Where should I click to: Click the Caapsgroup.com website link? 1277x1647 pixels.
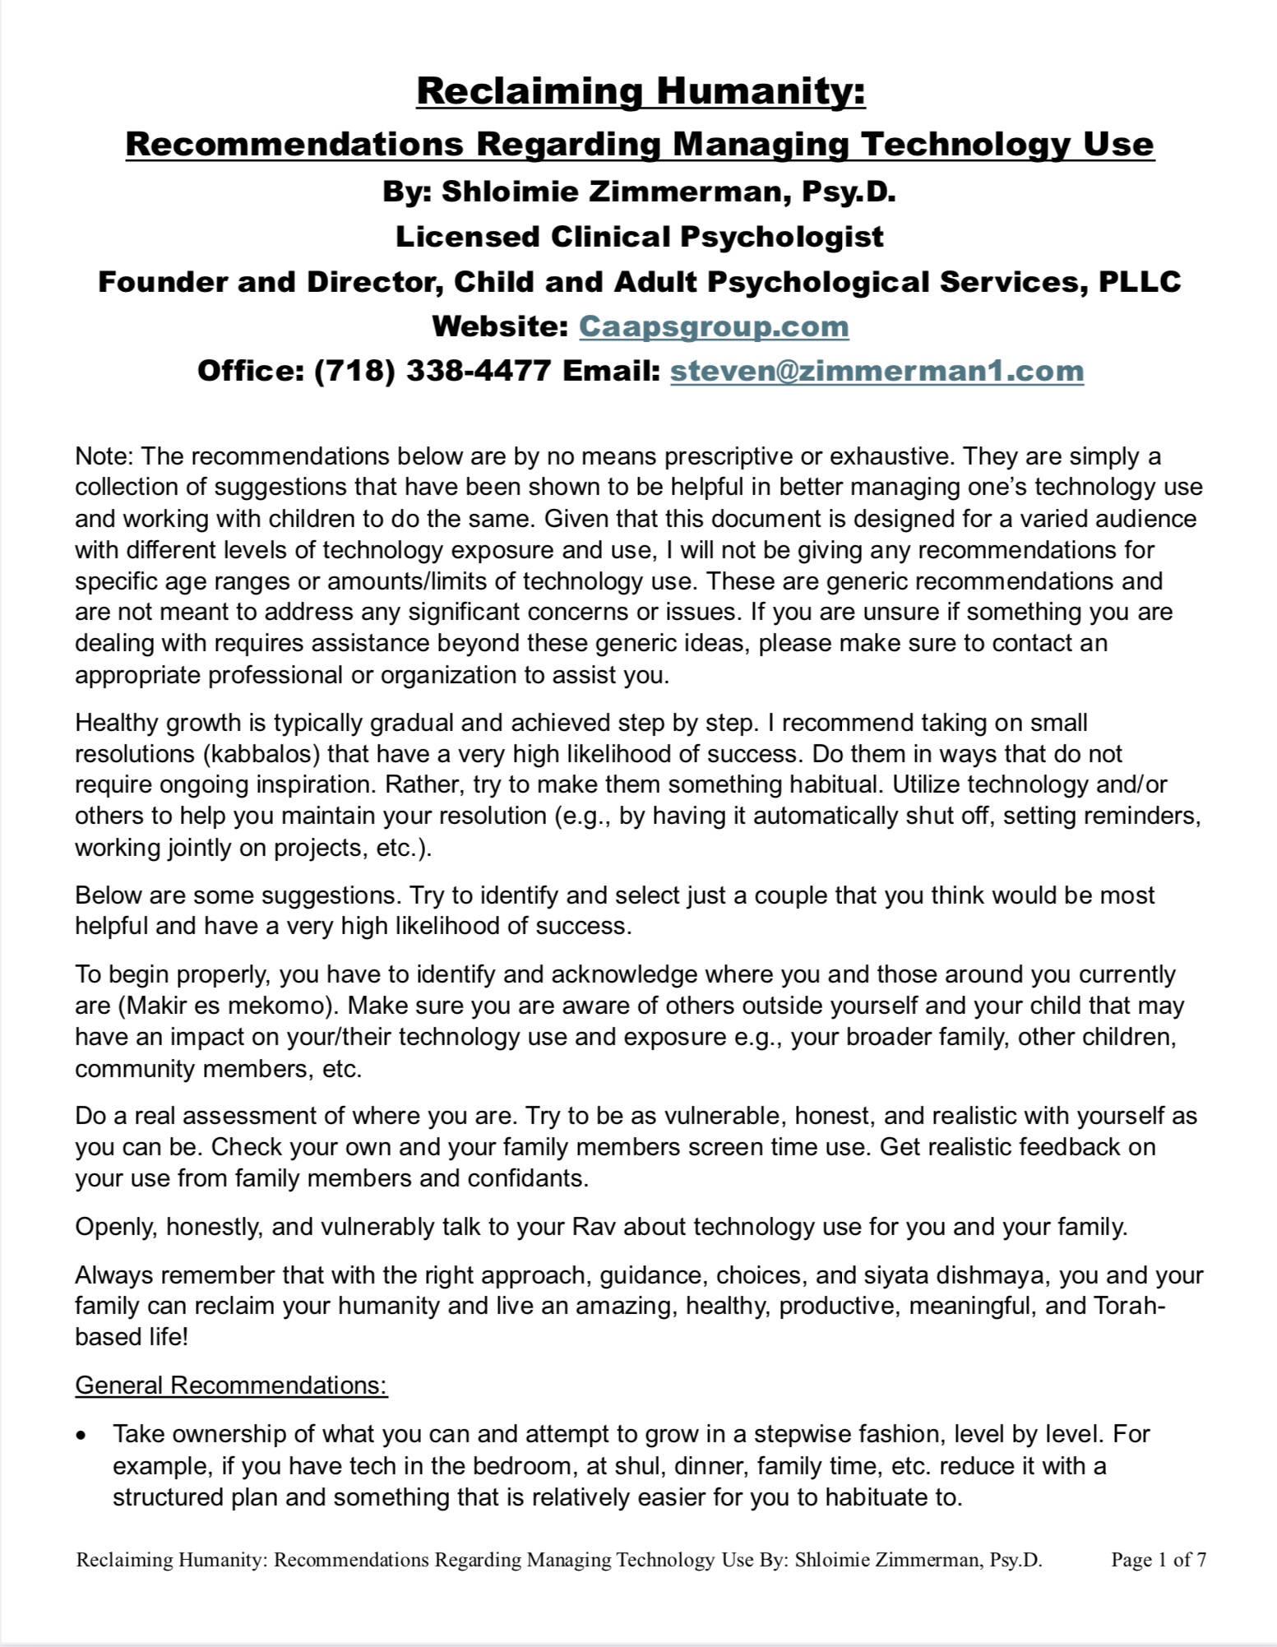(714, 326)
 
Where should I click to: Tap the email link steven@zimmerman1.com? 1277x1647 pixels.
(877, 371)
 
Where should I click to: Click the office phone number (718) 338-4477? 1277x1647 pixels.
(433, 371)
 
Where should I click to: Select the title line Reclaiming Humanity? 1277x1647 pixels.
(641, 90)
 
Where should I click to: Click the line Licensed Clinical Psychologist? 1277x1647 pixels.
(639, 237)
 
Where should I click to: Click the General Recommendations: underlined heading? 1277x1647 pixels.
(231, 1386)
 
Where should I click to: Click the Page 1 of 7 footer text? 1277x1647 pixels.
(1158, 1560)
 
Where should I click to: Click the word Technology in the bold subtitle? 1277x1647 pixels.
(963, 145)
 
